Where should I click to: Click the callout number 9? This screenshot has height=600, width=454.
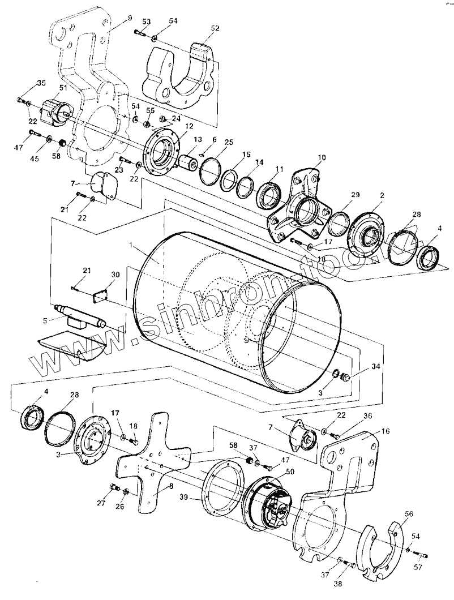coord(130,18)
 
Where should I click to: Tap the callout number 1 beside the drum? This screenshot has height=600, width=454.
coord(131,246)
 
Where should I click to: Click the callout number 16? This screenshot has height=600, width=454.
coord(386,431)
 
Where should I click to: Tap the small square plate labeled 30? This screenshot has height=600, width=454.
coord(101,294)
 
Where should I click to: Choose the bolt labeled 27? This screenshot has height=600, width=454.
coord(113,488)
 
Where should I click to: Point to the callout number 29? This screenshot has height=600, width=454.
coord(355,195)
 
